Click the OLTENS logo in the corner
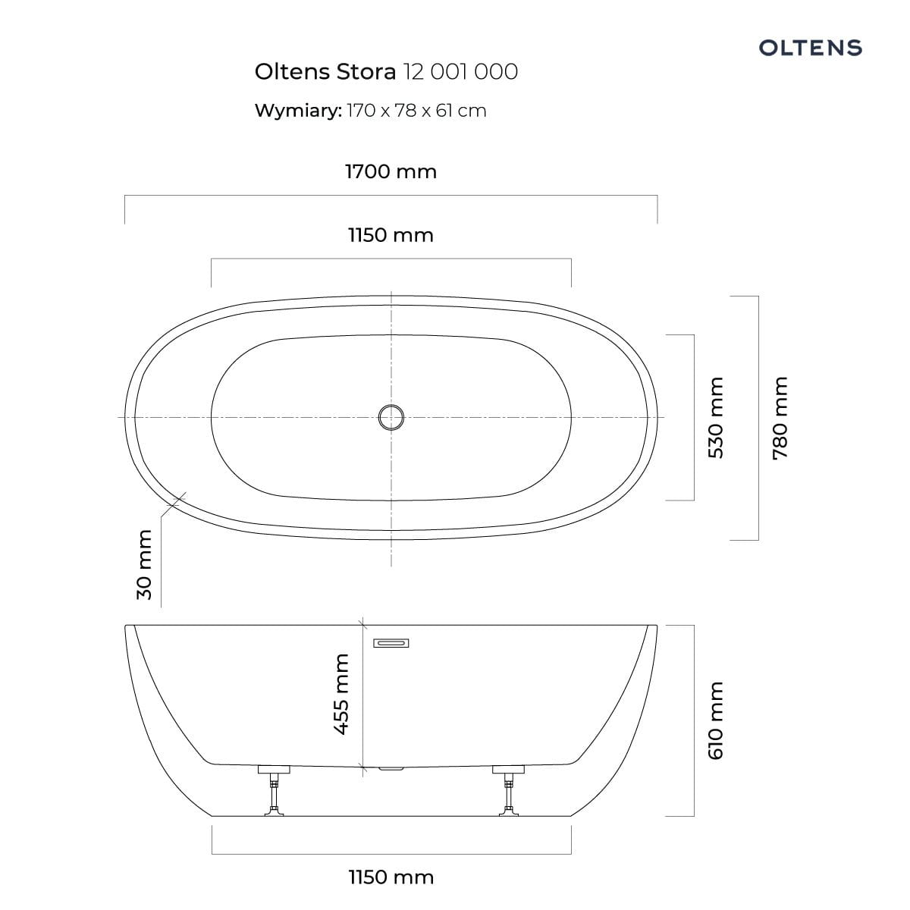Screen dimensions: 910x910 tap(810, 48)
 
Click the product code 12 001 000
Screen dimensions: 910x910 tap(460, 72)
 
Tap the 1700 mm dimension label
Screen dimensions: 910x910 tap(391, 171)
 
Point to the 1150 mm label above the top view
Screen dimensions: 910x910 tap(391, 235)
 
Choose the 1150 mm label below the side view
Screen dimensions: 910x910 tap(391, 877)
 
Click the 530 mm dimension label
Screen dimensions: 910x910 tap(715, 418)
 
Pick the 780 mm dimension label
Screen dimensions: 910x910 tap(780, 418)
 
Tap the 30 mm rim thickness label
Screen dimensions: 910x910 tap(145, 565)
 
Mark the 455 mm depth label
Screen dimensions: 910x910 tap(341, 694)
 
